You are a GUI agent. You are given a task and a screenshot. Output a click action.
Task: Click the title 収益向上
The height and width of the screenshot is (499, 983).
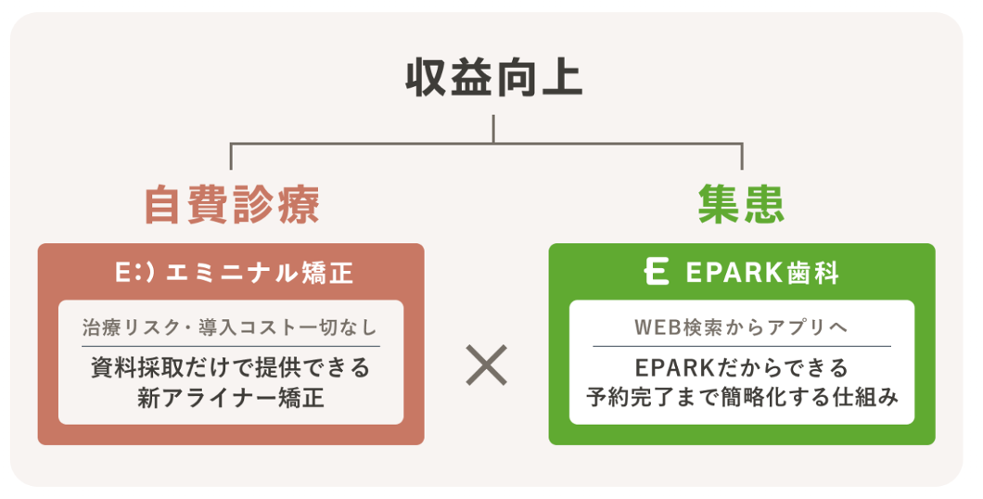tap(492, 79)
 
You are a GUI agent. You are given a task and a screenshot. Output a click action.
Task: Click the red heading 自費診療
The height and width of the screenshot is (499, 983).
tap(231, 205)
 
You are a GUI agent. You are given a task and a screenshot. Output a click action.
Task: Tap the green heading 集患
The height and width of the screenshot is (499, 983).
tap(741, 205)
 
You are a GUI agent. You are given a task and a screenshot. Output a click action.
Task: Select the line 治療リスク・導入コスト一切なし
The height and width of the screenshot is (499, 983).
tap(231, 327)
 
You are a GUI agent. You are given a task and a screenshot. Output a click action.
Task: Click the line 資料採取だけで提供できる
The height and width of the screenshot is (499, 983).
tap(231, 367)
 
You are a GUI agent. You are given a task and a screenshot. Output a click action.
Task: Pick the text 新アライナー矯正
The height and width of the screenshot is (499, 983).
tap(231, 398)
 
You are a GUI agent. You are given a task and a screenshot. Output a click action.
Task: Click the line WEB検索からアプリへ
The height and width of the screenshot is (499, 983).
tap(741, 327)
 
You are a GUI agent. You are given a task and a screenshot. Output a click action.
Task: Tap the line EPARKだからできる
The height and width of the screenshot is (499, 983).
tap(741, 367)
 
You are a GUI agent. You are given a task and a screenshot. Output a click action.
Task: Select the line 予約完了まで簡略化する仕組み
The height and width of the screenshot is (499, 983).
tap(741, 398)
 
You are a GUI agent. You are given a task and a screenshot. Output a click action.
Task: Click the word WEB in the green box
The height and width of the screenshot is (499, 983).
tap(655, 327)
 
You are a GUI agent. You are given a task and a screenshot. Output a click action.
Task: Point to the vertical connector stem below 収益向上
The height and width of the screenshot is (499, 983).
tap(492, 129)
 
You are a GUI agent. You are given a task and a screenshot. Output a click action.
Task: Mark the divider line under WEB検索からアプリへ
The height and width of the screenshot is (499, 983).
tap(741, 346)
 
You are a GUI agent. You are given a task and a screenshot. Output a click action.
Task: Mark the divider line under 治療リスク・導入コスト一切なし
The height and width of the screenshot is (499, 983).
tap(231, 346)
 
